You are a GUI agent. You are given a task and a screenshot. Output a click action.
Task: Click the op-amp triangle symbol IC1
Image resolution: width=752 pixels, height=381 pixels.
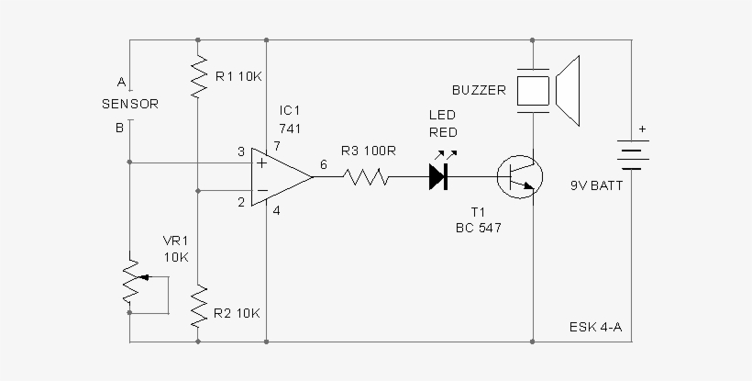click(279, 176)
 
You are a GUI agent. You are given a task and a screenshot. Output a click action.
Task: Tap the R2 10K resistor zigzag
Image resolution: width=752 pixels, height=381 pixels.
click(198, 306)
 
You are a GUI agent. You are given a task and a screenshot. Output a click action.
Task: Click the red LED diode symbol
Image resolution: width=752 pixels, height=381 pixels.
click(438, 176)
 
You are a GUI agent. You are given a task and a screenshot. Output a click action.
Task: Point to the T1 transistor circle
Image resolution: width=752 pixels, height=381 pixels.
click(519, 176)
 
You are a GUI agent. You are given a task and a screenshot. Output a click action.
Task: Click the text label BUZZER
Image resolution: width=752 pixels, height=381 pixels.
click(479, 91)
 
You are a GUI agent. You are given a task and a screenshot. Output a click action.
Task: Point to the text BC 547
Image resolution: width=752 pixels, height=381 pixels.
click(479, 226)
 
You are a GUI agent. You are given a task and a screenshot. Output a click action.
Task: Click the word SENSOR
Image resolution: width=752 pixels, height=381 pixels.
click(129, 104)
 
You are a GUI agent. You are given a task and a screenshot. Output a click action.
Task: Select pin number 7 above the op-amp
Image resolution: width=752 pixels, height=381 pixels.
click(276, 146)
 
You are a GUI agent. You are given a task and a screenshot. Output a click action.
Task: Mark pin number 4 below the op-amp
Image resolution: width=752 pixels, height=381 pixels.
click(276, 211)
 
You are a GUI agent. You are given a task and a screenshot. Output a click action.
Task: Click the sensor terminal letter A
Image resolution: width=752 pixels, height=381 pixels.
click(120, 81)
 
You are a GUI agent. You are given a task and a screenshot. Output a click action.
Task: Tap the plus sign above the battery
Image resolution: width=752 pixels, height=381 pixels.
click(642, 129)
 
